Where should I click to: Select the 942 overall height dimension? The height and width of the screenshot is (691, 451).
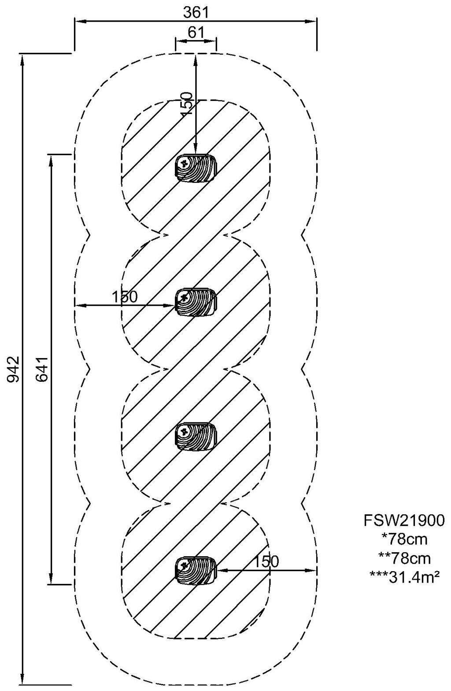pos(13,369)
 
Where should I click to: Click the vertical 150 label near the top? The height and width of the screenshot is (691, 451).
pos(187,103)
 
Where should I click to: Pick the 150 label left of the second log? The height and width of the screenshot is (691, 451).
pos(124,297)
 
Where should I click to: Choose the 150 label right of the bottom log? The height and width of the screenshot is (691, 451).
pos(266,561)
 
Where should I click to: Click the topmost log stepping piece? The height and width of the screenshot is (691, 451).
pos(196,167)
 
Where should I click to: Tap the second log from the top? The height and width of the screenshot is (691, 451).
pos(196,302)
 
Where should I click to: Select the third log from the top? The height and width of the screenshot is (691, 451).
pos(196,436)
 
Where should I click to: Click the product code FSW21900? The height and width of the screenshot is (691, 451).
pos(404,521)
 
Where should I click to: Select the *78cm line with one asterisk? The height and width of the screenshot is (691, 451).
pos(404,539)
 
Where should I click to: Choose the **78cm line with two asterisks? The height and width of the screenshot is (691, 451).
pos(404,558)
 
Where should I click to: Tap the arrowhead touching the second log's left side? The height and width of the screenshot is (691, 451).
pos(172,305)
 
